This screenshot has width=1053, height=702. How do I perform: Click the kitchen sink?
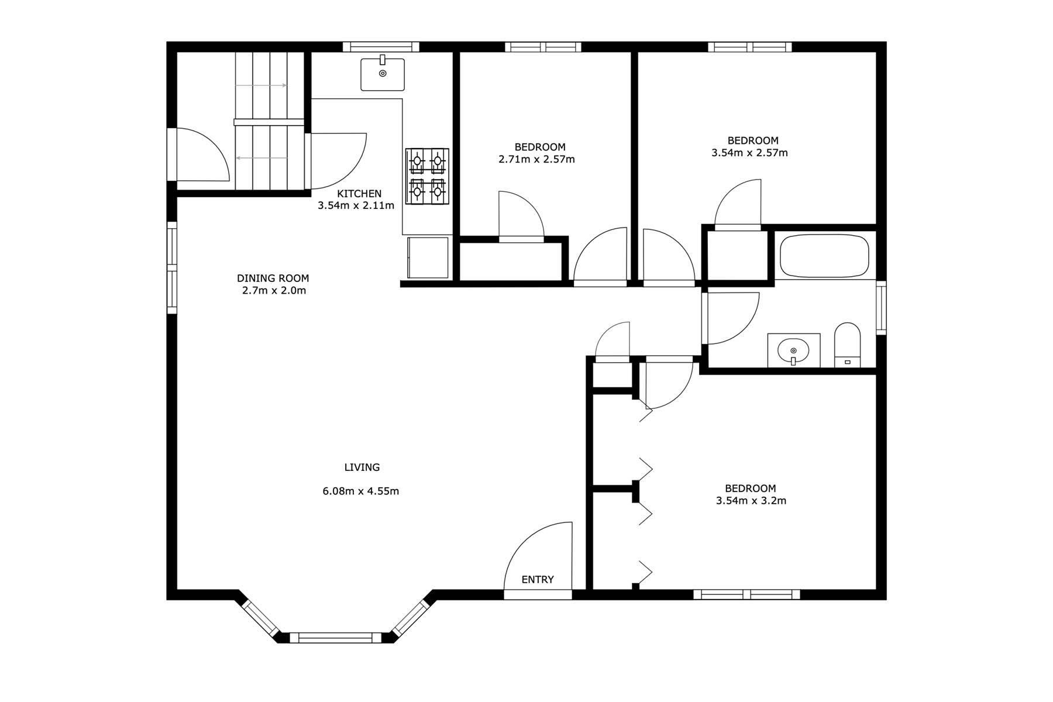point(383,74)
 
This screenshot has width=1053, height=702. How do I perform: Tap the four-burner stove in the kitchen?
point(427,177)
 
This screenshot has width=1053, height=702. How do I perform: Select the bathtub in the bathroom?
point(824,256)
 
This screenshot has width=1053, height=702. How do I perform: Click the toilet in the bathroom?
point(847,345)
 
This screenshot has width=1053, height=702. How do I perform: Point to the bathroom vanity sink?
point(793,350)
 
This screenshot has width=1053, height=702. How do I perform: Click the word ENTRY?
point(538,580)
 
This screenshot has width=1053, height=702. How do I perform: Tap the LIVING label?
point(362,467)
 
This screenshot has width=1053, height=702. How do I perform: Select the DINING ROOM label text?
point(273,278)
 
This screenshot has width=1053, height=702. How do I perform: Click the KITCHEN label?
point(359,194)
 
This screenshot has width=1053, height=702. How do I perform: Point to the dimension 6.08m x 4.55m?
point(361,491)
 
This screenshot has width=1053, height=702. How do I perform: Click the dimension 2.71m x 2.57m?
point(536,159)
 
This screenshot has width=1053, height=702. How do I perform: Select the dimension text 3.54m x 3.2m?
point(751,501)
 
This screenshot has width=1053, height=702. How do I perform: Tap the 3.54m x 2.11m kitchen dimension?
point(356,206)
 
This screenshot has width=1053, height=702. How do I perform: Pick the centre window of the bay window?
point(336,638)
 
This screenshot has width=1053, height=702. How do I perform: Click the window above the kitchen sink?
point(381,47)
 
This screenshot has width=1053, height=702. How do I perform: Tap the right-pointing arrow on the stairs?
point(261,85)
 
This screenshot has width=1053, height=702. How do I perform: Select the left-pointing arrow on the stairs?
point(261,158)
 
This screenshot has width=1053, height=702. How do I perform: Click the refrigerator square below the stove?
point(428,257)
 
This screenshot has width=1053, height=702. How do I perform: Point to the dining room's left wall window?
point(172,267)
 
